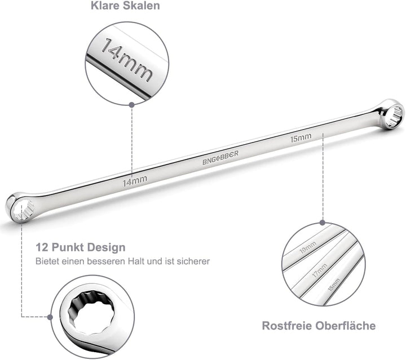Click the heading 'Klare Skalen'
[125, 6]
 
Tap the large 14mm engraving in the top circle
[127, 60]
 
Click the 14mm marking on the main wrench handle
[135, 181]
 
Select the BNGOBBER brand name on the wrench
[220, 158]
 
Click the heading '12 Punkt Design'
[81, 247]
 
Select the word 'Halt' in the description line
[136, 261]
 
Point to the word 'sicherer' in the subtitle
[193, 261]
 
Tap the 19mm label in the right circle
[308, 247]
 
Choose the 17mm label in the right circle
[320, 270]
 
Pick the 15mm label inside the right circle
[334, 285]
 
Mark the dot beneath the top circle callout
[132, 105]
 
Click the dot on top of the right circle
[323, 223]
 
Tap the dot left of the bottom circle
[50, 317]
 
